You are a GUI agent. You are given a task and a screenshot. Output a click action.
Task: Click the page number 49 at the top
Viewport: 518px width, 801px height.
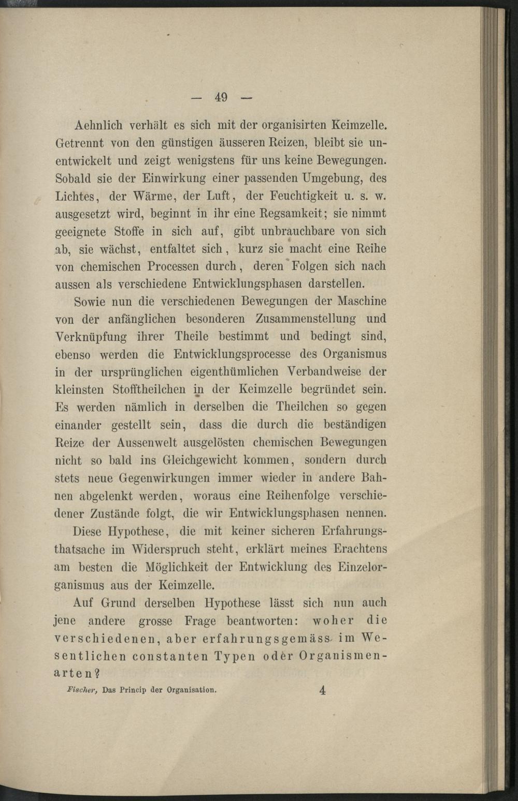(221, 97)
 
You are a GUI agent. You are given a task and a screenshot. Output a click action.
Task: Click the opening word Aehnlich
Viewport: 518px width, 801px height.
(98, 125)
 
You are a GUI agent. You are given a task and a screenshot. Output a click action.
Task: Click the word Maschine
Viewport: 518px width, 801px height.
(362, 301)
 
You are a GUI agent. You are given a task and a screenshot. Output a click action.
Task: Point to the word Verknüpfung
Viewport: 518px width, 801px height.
(91, 337)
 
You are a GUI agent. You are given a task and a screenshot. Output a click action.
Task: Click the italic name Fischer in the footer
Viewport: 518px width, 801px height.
(80, 690)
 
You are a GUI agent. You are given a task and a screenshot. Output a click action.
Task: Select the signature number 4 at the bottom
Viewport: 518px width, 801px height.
(322, 690)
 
